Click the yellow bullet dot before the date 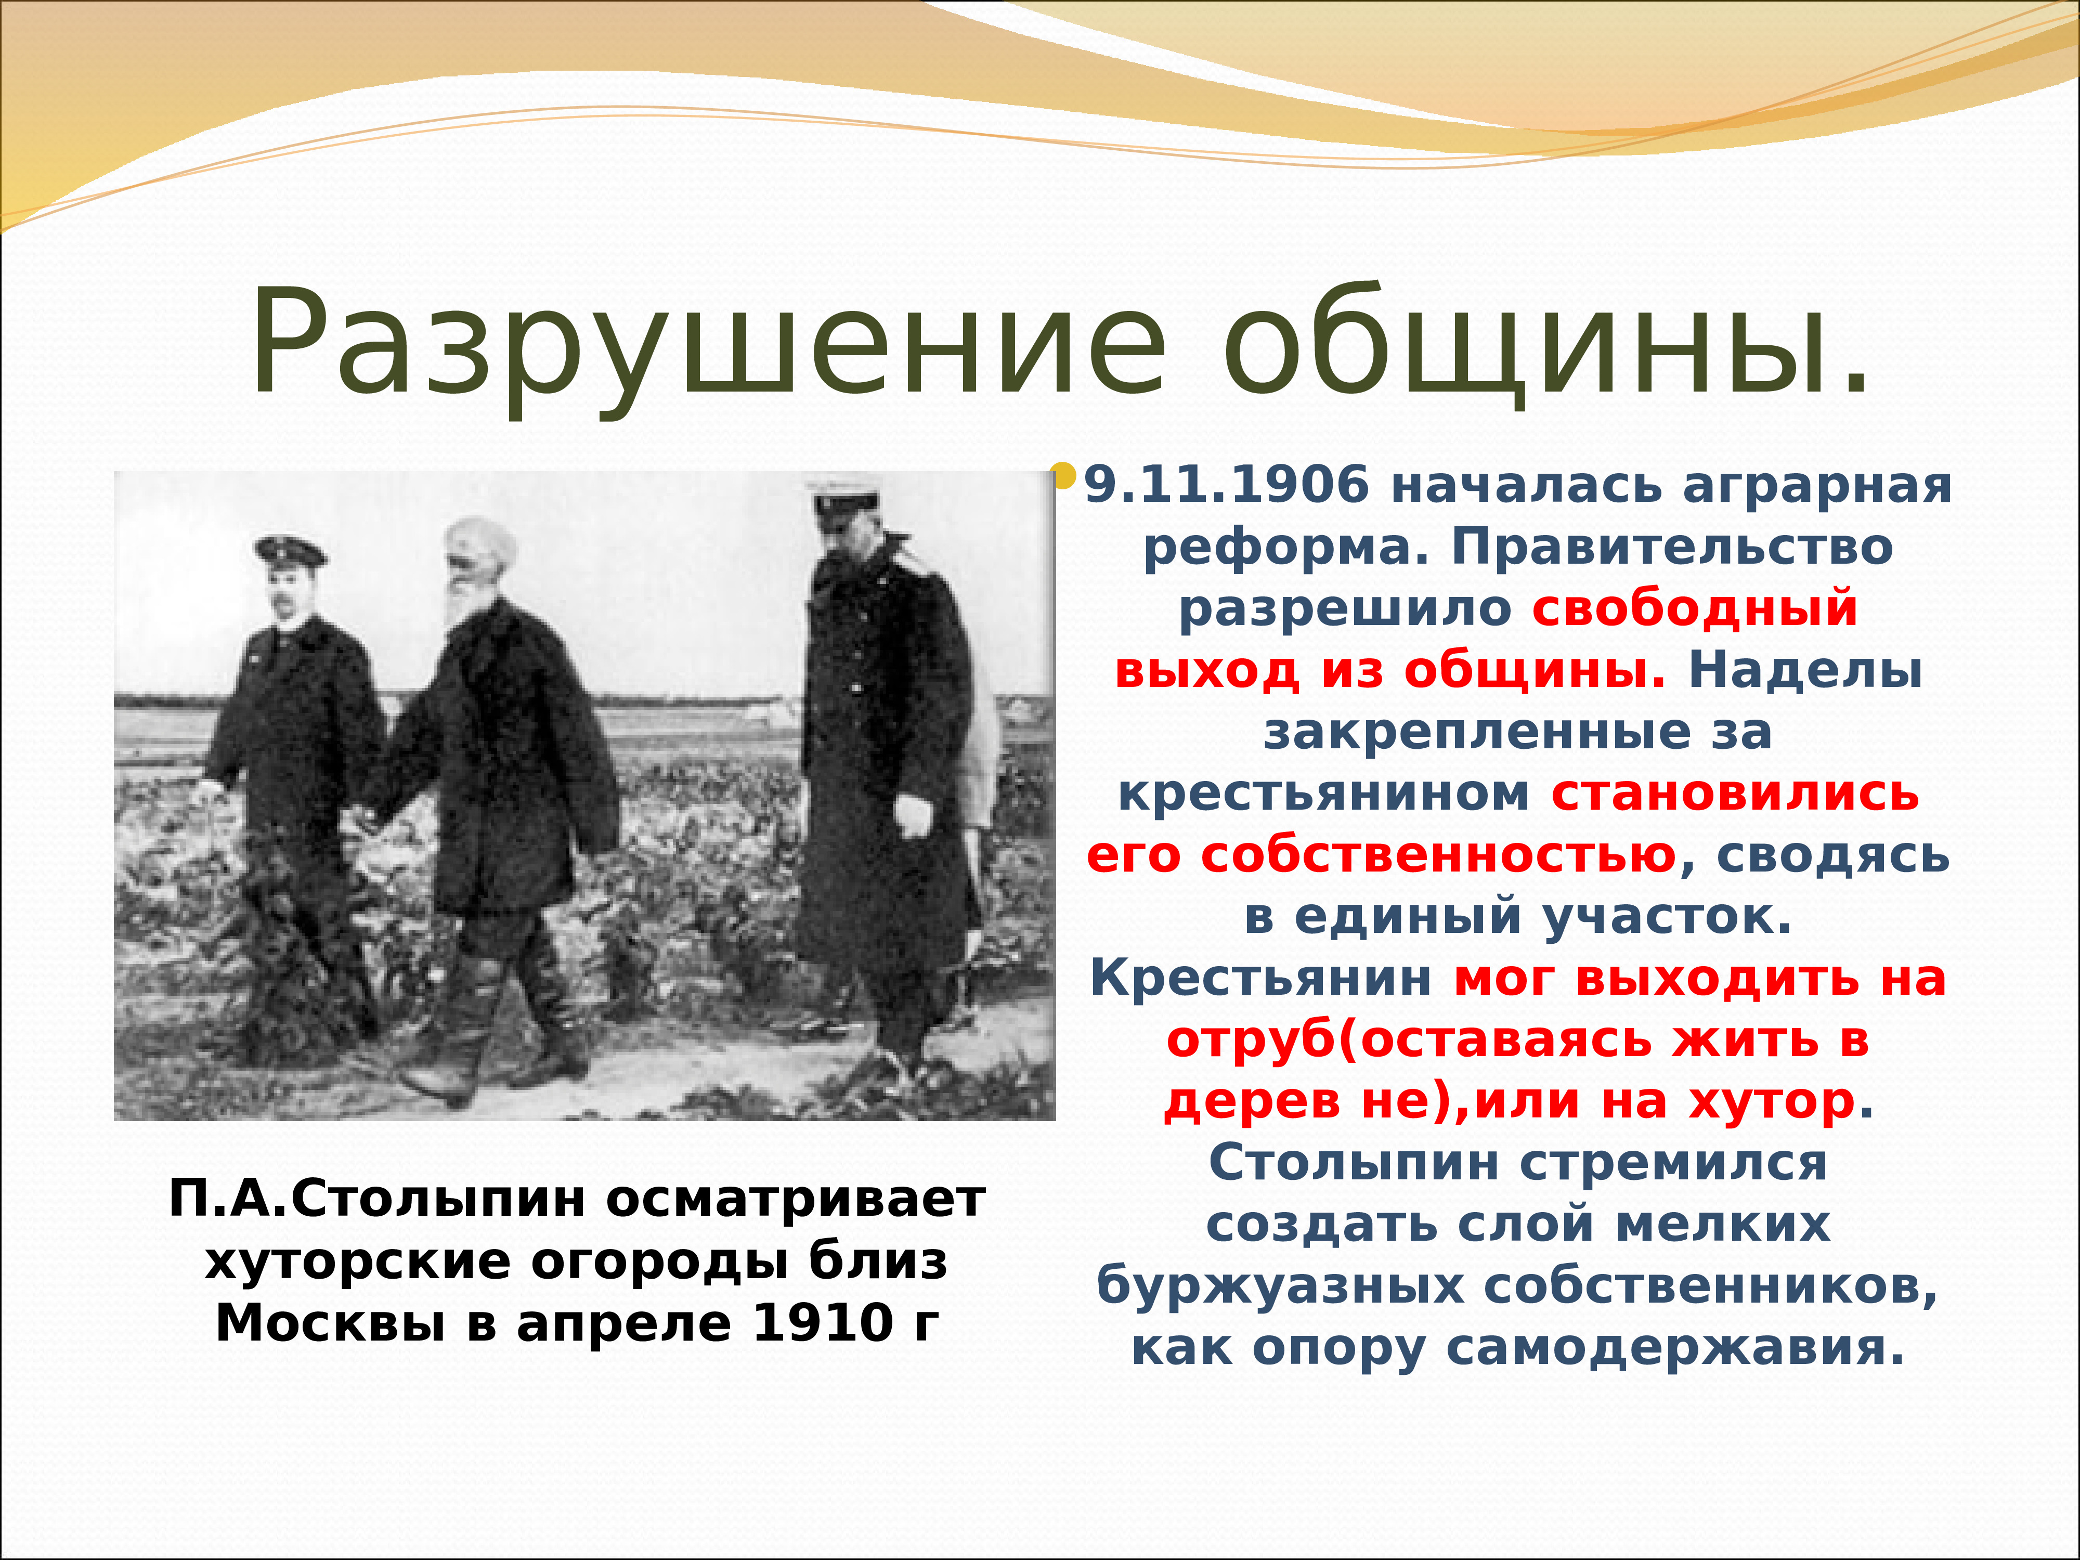(x=1063, y=475)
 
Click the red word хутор (x=1773, y=1102)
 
